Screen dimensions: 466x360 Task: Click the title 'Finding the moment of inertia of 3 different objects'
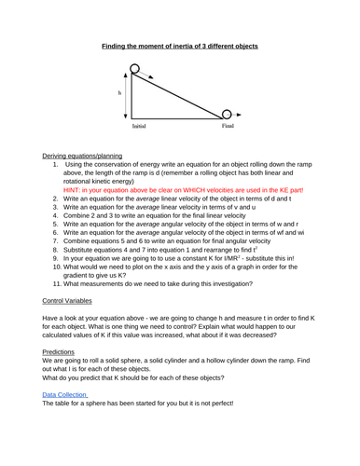coord(180,46)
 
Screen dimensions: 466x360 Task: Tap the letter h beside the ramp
coord(119,94)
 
